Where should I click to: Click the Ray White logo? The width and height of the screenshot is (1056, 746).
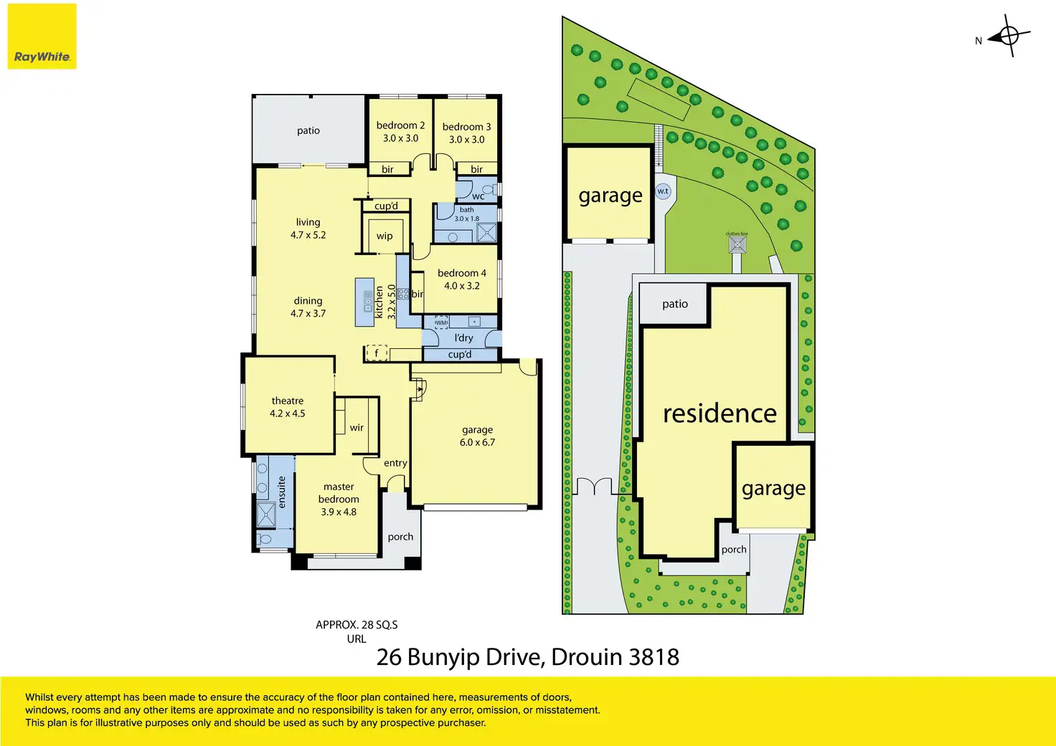[x=42, y=37]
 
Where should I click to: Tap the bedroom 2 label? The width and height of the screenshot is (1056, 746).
[x=400, y=125]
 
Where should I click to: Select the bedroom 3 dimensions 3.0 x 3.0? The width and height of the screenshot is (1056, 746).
[x=466, y=140]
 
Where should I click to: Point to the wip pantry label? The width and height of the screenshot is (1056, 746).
[x=385, y=236]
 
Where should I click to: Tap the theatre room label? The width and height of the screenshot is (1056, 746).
[x=287, y=401]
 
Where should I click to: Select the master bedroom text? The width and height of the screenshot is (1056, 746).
[x=339, y=493]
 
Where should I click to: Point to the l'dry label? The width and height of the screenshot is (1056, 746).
[x=463, y=338]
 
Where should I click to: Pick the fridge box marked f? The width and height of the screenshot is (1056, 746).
[x=377, y=353]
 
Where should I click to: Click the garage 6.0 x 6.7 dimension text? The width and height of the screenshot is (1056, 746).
[x=477, y=442]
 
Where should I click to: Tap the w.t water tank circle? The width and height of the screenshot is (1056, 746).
[x=663, y=191]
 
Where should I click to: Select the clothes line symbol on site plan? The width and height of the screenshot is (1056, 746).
[x=737, y=244]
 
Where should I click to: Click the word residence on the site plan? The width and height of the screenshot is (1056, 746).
[x=720, y=413]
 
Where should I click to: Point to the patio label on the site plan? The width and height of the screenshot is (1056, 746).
[x=674, y=304]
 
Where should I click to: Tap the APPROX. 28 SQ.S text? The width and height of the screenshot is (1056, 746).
[x=357, y=625]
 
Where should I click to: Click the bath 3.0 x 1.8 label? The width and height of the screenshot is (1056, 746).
[x=466, y=214]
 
